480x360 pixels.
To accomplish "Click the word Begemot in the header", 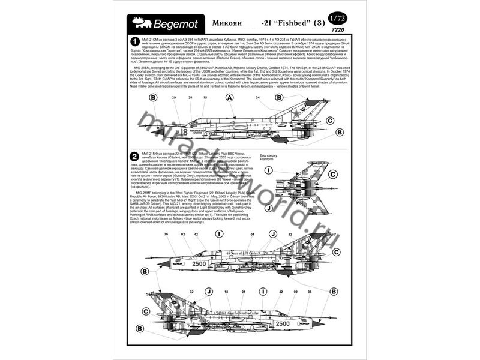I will point(174,23).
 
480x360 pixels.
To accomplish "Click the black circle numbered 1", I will point(135,41).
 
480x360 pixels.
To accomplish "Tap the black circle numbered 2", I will point(135,157).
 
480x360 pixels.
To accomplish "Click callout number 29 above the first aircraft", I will point(174,97).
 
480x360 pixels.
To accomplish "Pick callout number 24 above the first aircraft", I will point(257,97).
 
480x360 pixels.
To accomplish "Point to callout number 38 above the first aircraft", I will point(190,97).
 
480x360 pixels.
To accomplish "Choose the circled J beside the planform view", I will point(269,208).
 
